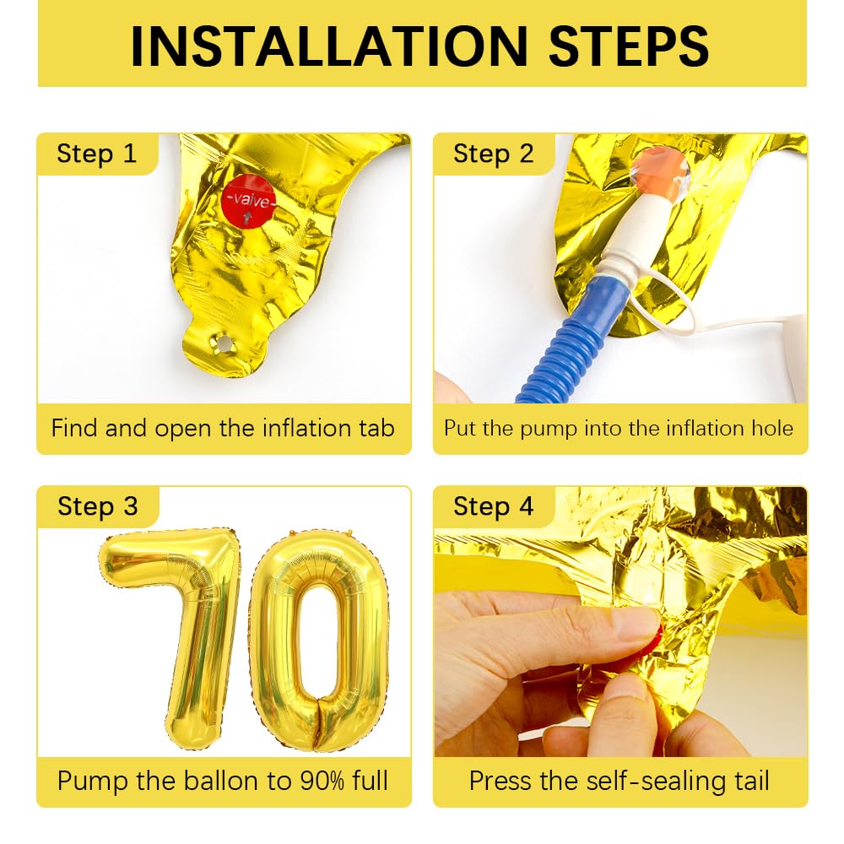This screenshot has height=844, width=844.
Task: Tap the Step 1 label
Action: click(96, 154)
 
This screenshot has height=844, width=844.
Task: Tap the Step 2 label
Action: click(493, 154)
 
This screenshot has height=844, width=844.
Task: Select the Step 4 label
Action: click(493, 506)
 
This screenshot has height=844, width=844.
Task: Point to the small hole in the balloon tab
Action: click(224, 344)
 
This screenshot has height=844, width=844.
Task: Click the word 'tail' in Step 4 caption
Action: click(749, 781)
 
